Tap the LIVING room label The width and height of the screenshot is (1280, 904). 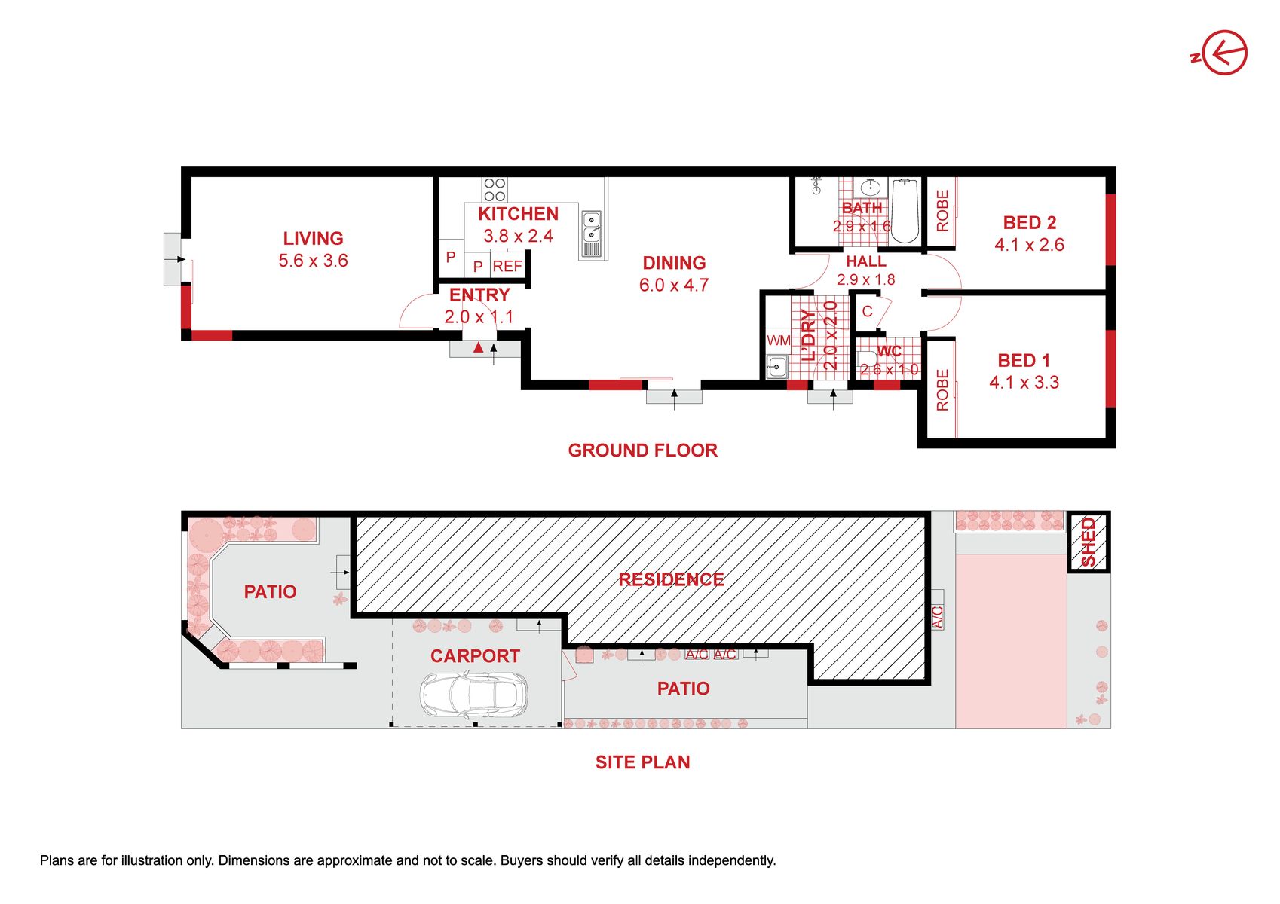click(x=313, y=238)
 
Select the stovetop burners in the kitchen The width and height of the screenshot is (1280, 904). click(x=495, y=190)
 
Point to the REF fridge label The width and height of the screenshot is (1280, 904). click(x=507, y=266)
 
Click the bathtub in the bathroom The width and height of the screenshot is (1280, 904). click(x=904, y=211)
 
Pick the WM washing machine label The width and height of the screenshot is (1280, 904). click(x=778, y=341)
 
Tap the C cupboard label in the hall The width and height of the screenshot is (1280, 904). click(x=868, y=311)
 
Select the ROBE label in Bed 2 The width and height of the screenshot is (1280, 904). click(x=942, y=211)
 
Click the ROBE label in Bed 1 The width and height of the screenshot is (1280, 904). click(x=942, y=390)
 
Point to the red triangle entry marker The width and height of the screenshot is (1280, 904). click(x=478, y=347)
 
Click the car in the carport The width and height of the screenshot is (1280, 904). click(x=473, y=695)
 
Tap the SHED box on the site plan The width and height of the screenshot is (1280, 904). click(x=1089, y=542)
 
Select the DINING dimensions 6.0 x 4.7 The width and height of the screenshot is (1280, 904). click(x=674, y=285)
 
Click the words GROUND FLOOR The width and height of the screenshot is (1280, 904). click(x=643, y=450)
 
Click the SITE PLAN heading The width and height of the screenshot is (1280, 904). click(x=643, y=762)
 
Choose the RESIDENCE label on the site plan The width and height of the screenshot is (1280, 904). click(x=672, y=579)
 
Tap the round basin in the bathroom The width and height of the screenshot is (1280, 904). click(x=870, y=187)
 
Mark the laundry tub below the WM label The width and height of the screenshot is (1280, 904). click(x=776, y=366)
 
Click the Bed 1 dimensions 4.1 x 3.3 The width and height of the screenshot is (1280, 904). click(x=1024, y=382)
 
